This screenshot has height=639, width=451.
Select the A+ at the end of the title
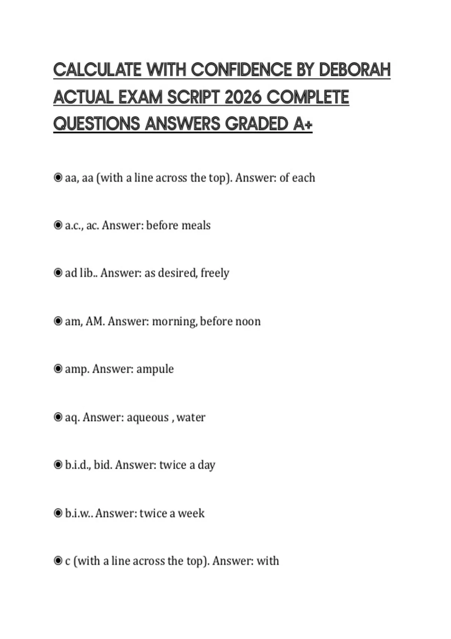303,124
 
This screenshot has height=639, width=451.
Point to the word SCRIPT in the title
193,97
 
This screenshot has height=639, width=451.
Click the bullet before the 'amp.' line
58,369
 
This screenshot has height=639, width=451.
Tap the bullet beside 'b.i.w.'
58,513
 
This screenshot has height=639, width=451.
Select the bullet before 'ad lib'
58,273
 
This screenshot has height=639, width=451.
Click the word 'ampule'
155,369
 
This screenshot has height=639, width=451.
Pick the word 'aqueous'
148,418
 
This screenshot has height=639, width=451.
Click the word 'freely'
215,273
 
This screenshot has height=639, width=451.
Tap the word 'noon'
248,321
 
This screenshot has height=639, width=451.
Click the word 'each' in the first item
303,177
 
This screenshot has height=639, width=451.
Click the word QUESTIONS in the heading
96,124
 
